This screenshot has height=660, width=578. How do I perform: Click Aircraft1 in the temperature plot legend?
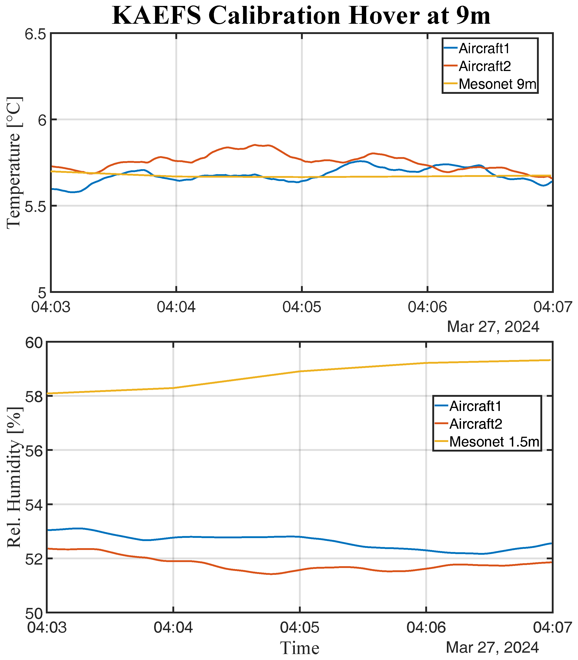[x=484, y=49]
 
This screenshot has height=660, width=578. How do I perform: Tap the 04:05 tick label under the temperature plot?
[x=302, y=307]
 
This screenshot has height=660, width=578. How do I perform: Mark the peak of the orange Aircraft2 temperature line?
[x=255, y=145]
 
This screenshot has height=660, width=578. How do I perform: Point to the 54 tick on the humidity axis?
[x=34, y=505]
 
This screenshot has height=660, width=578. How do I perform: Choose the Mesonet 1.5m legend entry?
[x=494, y=442]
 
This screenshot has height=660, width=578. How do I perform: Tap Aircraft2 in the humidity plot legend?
[x=476, y=424]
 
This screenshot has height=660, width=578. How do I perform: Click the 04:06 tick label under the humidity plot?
[x=426, y=628]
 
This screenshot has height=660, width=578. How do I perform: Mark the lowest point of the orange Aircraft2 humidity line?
[x=271, y=574]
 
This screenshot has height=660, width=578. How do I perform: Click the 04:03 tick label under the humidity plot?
[x=47, y=628]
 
